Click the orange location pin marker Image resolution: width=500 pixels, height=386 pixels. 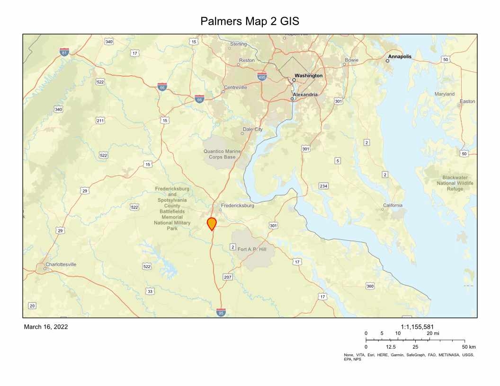[x=212, y=223]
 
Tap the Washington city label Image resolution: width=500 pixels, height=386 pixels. [x=308, y=76]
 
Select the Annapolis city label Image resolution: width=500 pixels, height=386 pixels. [x=400, y=57]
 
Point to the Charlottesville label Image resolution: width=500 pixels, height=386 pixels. [x=61, y=264]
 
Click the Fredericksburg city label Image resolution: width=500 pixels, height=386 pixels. [x=238, y=206]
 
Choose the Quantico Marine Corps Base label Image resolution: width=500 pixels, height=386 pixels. [x=222, y=154]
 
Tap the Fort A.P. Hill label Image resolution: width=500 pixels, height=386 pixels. [x=253, y=249]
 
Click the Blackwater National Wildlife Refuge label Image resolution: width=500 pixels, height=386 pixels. [x=455, y=183]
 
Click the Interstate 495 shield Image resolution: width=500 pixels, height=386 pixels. [x=262, y=76]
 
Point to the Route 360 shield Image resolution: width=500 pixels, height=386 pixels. [x=370, y=286]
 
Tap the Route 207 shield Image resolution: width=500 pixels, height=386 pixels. [x=228, y=277]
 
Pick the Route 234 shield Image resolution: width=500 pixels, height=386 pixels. [x=323, y=185]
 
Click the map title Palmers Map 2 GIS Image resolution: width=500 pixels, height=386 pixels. [x=250, y=21]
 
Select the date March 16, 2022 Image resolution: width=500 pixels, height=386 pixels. [x=46, y=327]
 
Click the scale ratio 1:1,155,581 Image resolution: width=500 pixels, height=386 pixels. [x=417, y=326]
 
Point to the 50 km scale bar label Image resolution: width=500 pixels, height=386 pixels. [x=469, y=347]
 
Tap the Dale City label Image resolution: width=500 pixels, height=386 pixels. [x=252, y=129]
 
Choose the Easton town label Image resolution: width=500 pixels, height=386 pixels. [x=467, y=102]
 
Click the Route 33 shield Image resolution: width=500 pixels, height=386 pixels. [x=150, y=291]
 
